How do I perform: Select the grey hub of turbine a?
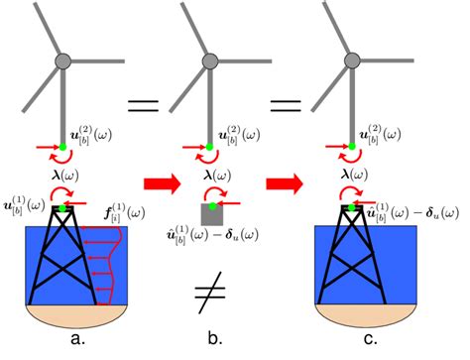(x=63, y=60)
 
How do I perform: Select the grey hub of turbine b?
(x=208, y=60)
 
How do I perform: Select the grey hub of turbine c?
(x=352, y=60)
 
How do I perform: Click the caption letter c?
(x=353, y=344)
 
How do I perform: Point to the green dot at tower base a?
(x=63, y=147)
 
